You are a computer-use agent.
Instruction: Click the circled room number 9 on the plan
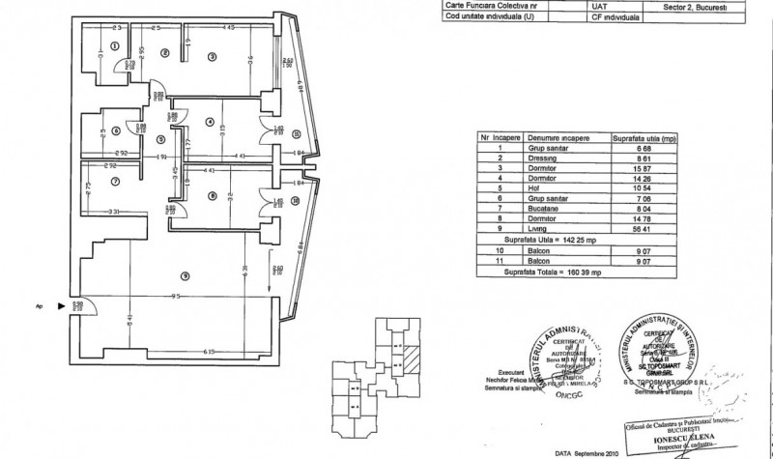[x=185, y=278]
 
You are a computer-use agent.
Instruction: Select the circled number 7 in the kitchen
[x=114, y=181]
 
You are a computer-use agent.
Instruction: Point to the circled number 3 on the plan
[x=211, y=57]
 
